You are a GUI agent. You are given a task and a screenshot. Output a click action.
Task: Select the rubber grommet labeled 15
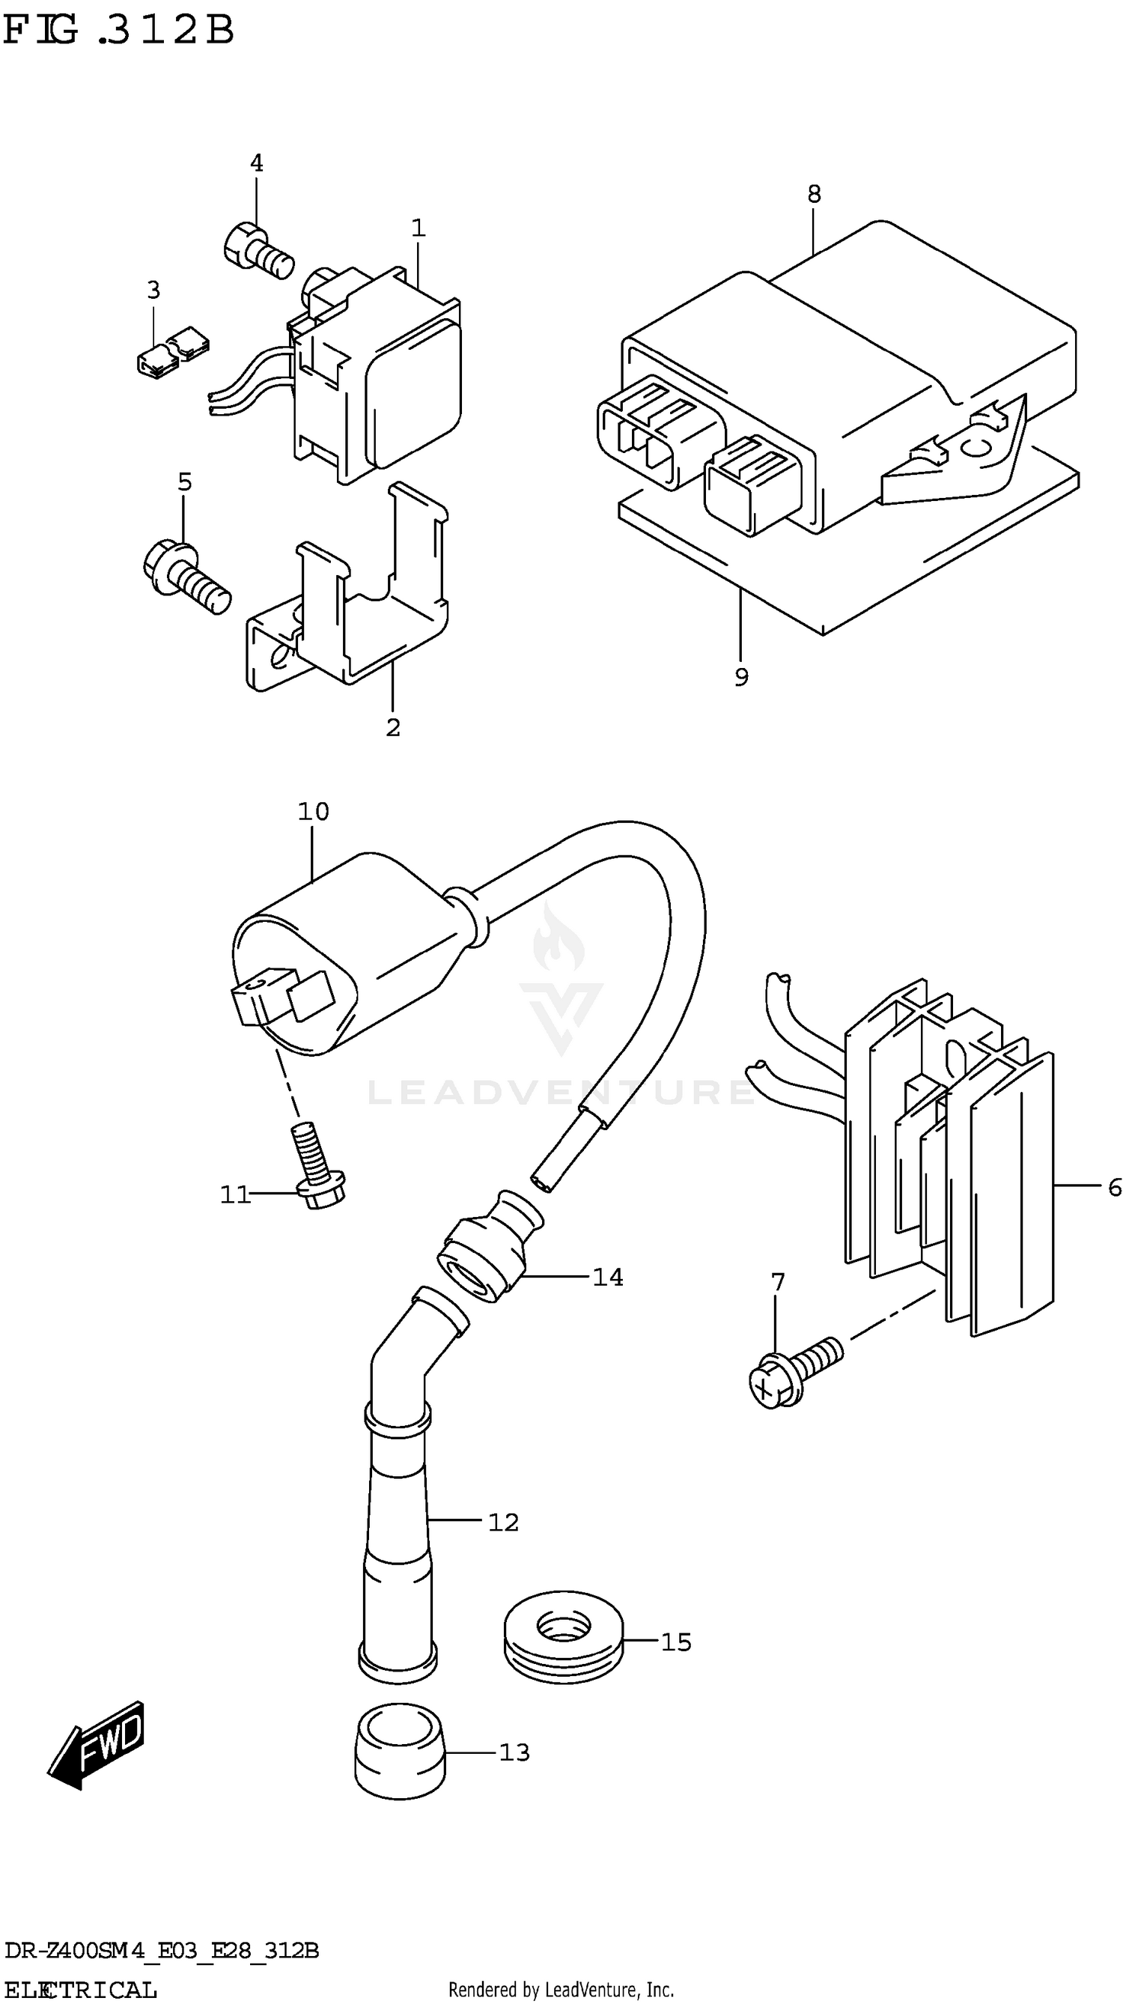pyautogui.click(x=563, y=1639)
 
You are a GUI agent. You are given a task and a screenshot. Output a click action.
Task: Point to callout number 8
pyautogui.click(x=814, y=195)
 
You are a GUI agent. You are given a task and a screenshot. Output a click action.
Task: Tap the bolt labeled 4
pyautogui.click(x=257, y=247)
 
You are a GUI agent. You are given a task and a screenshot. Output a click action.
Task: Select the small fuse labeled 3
pyautogui.click(x=171, y=352)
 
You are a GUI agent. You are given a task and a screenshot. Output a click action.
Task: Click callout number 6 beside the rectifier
pyautogui.click(x=1114, y=1188)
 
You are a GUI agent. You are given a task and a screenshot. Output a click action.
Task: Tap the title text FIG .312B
pyautogui.click(x=117, y=31)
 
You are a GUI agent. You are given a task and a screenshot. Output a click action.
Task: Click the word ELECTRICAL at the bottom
pyautogui.click(x=79, y=1988)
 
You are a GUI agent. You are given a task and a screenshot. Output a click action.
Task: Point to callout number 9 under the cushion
pyautogui.click(x=741, y=678)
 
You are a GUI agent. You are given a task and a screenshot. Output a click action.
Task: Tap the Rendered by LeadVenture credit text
pyautogui.click(x=561, y=1989)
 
